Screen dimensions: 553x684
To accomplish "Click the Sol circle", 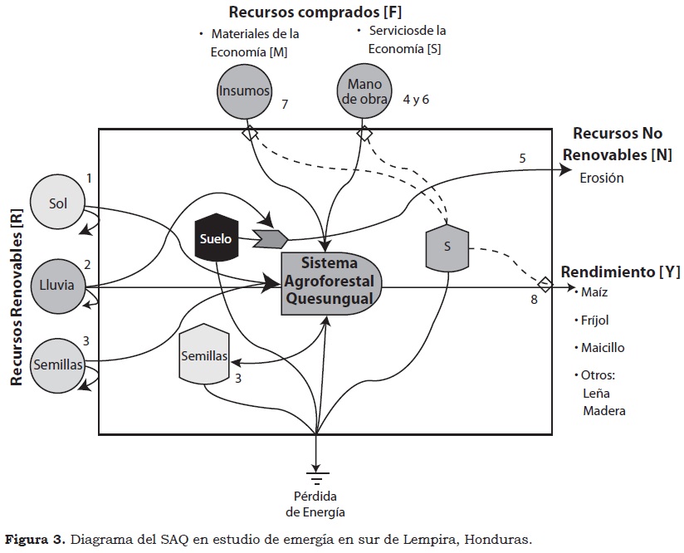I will click(x=57, y=204).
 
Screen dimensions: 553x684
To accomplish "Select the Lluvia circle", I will click(x=57, y=285).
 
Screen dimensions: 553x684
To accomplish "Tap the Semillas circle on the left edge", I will click(x=57, y=365).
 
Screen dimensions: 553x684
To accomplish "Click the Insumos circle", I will click(x=244, y=91).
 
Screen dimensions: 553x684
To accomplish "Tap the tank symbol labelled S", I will click(x=447, y=247).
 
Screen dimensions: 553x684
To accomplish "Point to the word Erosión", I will click(x=603, y=178).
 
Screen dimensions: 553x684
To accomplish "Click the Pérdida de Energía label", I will click(x=317, y=504).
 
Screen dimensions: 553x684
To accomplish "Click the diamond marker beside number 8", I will click(x=545, y=285).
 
